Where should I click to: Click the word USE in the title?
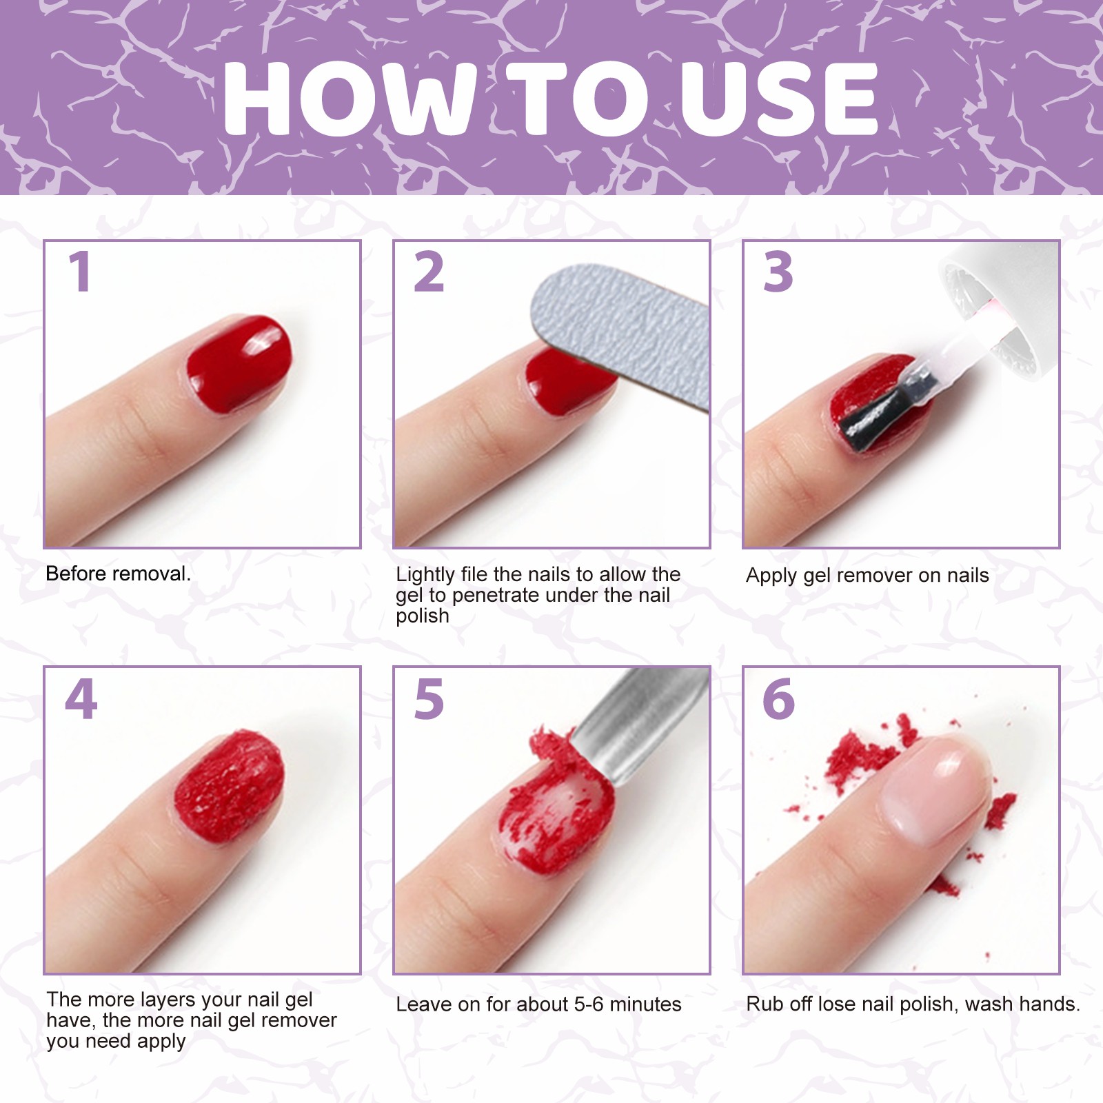coord(778,98)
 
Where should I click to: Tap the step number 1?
coord(80,272)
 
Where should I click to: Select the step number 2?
coord(429,272)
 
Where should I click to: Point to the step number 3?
coord(778,272)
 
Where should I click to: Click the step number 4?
coord(81,698)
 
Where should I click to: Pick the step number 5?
coord(429,699)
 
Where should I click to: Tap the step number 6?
coord(779,699)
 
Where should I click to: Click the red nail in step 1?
coord(238,363)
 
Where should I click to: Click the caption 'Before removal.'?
coord(118,574)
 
